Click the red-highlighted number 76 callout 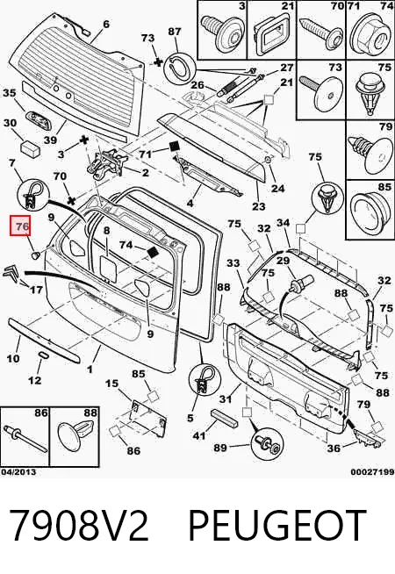22,226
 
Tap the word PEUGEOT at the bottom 277,524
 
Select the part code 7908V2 79,525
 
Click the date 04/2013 18,472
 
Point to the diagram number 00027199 372,472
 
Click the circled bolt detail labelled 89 267,444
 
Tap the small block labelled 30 30,147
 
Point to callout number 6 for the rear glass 106,25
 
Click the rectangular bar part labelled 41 224,419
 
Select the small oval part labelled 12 43,355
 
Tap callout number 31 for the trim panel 225,398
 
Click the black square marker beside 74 153,252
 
